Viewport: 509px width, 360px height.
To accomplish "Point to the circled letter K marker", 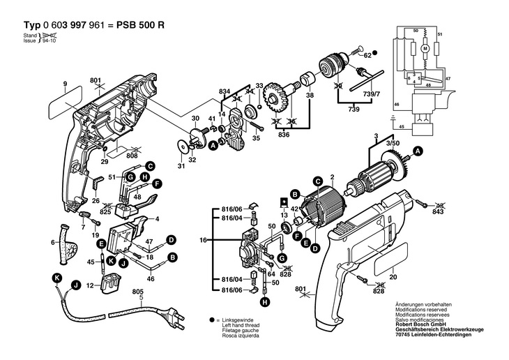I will pos(56,278).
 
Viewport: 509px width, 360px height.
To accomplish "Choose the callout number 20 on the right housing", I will pos(393,276).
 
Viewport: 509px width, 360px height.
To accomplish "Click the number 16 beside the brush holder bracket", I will pos(204,239).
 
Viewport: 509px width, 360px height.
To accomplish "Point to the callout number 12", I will pos(90,285).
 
